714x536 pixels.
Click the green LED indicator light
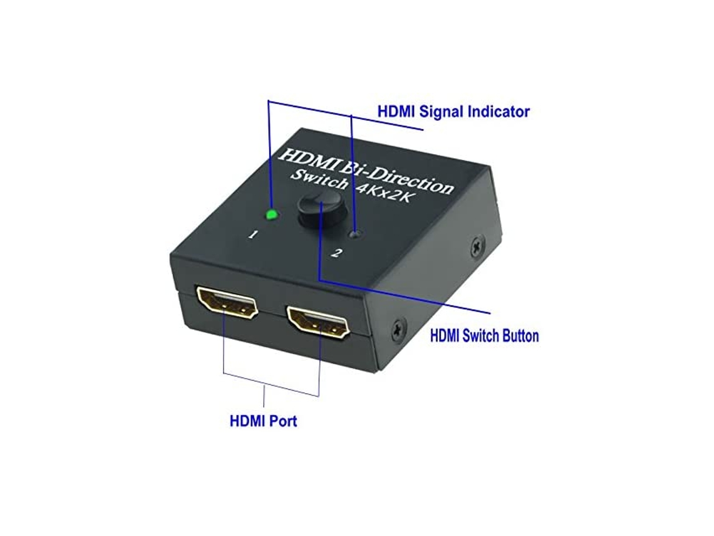point(271,215)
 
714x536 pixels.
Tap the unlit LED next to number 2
point(356,235)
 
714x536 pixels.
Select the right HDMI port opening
point(318,322)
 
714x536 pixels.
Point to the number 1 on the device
point(253,236)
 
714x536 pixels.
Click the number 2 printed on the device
point(338,253)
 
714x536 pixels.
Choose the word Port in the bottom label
point(282,421)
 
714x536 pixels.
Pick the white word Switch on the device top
point(319,180)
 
